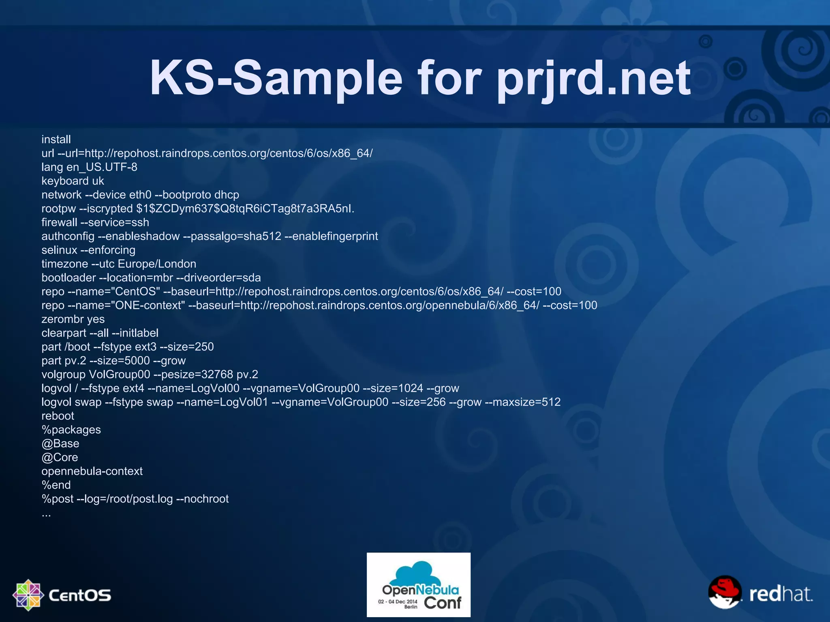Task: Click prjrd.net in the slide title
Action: tap(594, 78)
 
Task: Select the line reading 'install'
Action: tap(56, 139)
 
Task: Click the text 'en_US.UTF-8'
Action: tap(102, 167)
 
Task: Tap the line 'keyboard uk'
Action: tap(73, 181)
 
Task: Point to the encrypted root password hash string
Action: tap(245, 209)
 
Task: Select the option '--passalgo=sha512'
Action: tap(232, 236)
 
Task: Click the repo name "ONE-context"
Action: tap(150, 305)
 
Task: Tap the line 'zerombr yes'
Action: tap(73, 319)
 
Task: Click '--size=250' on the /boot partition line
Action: tap(187, 347)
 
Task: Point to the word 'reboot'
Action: tap(58, 416)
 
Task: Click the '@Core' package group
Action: tap(60, 458)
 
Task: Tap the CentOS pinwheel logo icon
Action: tap(28, 595)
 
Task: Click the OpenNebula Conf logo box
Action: tap(418, 585)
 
